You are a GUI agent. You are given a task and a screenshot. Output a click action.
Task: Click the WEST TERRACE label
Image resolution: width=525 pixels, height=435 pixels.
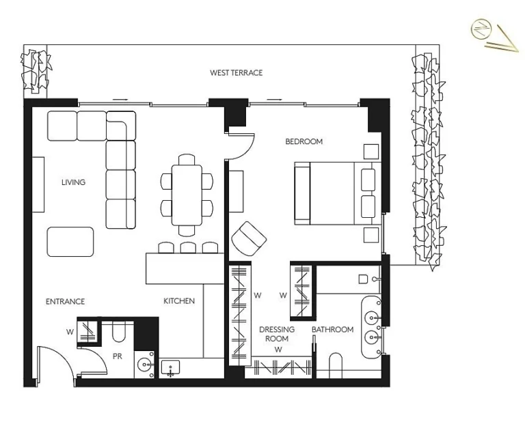coord(236,72)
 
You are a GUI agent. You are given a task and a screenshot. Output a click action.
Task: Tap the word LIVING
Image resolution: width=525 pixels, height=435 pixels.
coord(73,182)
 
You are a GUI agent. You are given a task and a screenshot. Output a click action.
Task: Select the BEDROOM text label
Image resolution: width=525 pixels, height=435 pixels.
coord(304,141)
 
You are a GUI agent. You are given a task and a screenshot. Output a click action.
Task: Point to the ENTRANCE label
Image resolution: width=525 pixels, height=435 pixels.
coord(65,301)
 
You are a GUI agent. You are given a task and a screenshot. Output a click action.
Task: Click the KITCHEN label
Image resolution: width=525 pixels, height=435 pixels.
coord(179,301)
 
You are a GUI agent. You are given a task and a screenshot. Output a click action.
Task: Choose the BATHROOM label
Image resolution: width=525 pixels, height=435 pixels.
coord(333,330)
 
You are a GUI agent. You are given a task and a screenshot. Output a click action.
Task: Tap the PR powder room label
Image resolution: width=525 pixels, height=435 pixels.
coord(117,356)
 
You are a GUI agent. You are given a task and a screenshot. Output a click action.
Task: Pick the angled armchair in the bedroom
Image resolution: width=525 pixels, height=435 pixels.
coord(249,237)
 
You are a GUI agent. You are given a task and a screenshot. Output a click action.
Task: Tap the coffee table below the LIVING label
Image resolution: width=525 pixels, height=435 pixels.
coord(70,242)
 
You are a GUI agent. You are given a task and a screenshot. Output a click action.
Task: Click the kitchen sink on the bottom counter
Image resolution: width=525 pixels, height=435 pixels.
coord(170,369)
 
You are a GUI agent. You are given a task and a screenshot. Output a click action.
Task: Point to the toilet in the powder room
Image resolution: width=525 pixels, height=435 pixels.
coord(118,333)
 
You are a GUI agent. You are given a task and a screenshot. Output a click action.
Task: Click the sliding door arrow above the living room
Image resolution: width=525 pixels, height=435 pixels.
coord(120,100)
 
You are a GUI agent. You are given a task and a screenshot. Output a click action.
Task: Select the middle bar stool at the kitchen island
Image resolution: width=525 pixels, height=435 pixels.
coord(187,247)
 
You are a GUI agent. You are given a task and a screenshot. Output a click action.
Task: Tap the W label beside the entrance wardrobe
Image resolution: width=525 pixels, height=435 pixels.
coord(70,333)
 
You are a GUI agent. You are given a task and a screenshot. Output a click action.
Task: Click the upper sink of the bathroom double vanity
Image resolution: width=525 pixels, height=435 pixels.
coord(372,318)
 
